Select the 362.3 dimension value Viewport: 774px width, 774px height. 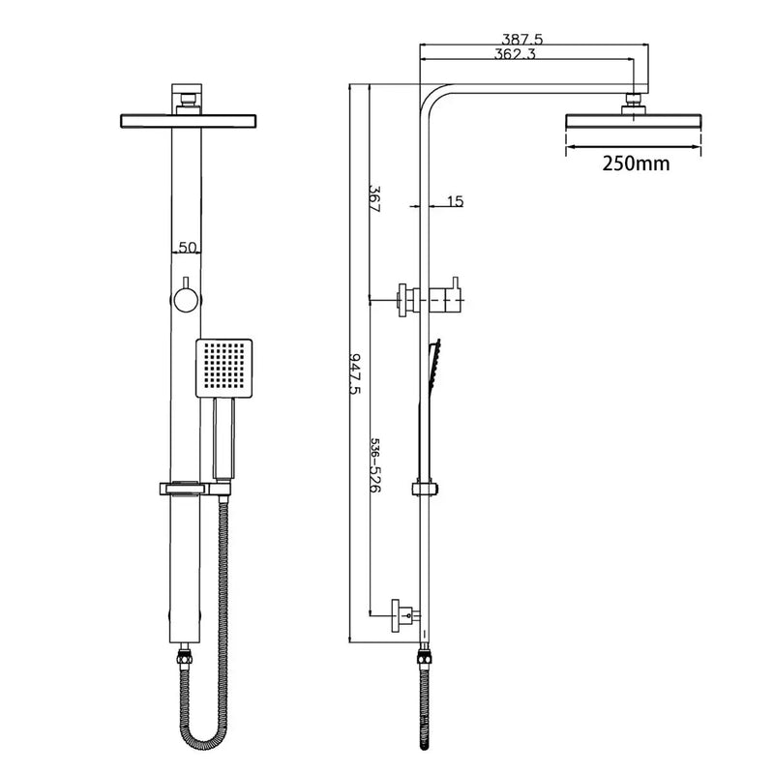(516, 55)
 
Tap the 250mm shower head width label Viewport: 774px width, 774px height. (635, 163)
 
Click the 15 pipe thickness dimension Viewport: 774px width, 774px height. (456, 201)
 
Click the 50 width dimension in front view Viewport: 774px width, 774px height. (187, 248)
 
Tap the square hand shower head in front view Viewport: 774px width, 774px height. (223, 369)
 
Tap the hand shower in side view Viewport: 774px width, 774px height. (432, 406)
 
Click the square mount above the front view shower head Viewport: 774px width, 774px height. (187, 98)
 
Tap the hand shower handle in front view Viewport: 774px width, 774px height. (223, 440)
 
